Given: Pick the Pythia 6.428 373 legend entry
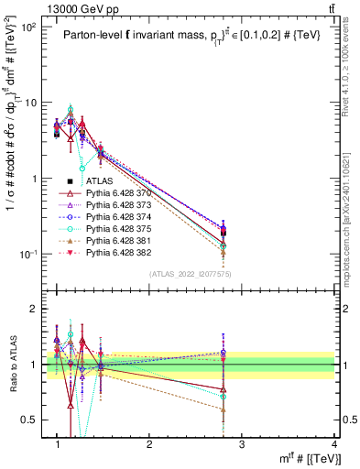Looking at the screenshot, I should click(x=119, y=208).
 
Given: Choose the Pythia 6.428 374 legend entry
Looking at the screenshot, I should click(x=119, y=222).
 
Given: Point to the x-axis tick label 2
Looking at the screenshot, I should click(x=149, y=444).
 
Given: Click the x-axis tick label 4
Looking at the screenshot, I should click(x=334, y=444).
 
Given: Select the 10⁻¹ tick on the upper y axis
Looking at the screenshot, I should click(x=29, y=254).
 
